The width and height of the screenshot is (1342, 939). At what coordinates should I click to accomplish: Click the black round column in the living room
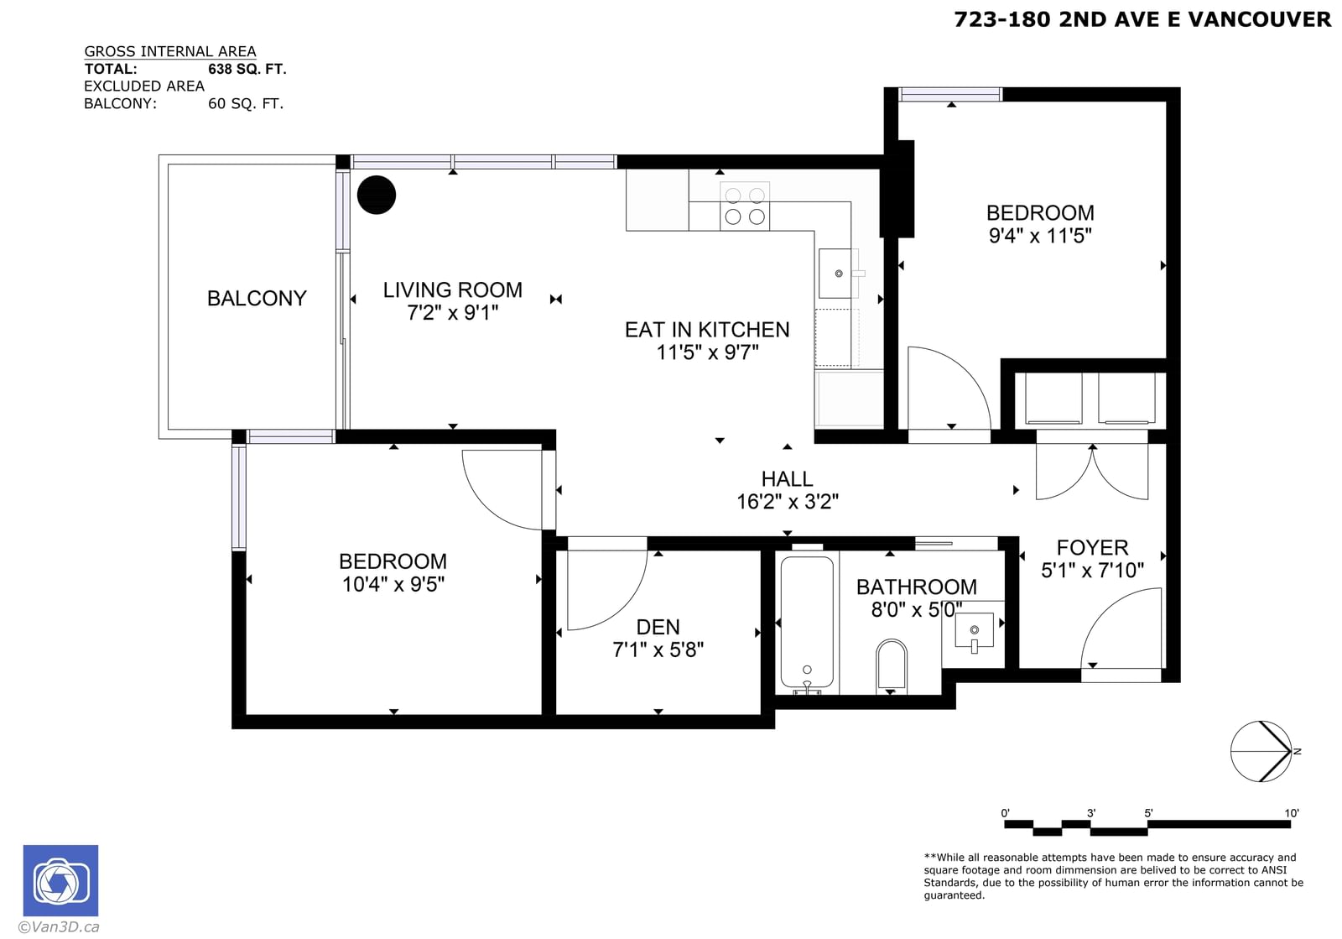tap(377, 195)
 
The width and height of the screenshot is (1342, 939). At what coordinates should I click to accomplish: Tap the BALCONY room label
tap(257, 299)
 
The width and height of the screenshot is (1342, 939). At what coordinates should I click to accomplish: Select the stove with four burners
tap(745, 206)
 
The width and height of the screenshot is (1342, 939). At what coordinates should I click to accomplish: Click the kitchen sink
tap(839, 274)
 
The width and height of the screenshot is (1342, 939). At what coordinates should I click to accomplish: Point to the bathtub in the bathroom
tap(807, 623)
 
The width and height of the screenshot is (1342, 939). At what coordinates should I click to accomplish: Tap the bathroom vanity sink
tap(974, 631)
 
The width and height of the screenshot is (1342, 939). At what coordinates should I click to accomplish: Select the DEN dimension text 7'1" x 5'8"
tap(658, 649)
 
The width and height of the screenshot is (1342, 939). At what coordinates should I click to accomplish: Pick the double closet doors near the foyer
tap(1092, 473)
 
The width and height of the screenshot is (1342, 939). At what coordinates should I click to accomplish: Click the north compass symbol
tap(1262, 751)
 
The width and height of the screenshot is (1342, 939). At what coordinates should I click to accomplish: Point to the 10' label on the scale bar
tap(1291, 813)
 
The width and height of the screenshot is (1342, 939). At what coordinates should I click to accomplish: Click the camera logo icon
tap(60, 880)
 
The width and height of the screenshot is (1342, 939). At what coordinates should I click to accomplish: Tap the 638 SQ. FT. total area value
tap(247, 69)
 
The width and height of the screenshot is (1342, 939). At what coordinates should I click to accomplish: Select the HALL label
tap(787, 479)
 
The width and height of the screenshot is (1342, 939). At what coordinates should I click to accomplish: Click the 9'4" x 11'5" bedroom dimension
tap(1040, 236)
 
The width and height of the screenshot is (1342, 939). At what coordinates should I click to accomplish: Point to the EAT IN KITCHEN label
tap(707, 330)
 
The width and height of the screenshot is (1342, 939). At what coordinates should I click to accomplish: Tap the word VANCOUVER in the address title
tap(1259, 19)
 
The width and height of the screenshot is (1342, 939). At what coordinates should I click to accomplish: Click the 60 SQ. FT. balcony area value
tap(246, 104)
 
